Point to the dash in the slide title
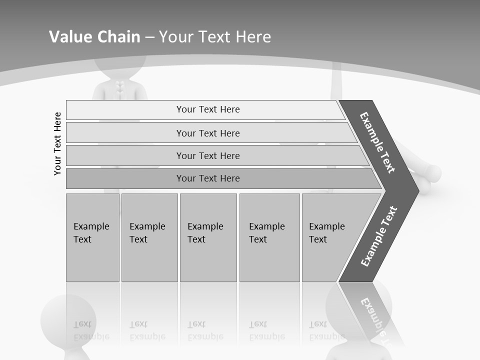click(x=149, y=37)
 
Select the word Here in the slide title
click(x=253, y=36)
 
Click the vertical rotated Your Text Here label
click(x=57, y=144)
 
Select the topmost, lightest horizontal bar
click(x=207, y=109)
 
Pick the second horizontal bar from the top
click(x=207, y=133)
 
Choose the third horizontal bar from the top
click(x=207, y=155)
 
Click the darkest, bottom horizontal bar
click(x=207, y=178)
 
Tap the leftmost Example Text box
click(x=92, y=237)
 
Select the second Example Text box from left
click(x=149, y=237)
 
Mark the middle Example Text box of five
click(x=208, y=237)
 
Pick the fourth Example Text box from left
click(x=269, y=237)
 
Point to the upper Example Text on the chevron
click(x=377, y=142)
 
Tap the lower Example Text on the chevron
click(x=378, y=236)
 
